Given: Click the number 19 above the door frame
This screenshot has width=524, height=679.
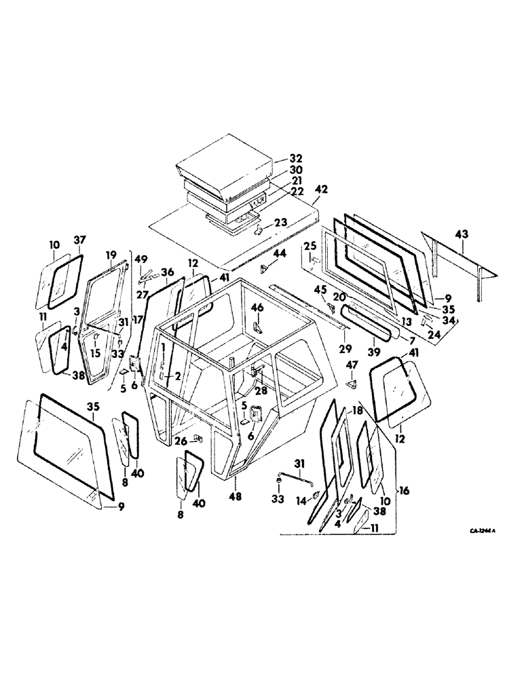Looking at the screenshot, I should pyautogui.click(x=111, y=255).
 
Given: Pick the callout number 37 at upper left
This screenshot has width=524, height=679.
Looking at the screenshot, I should pyautogui.click(x=79, y=240).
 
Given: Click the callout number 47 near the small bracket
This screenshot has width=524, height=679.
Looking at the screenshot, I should pyautogui.click(x=352, y=367).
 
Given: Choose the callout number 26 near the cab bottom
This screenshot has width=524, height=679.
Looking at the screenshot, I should pyautogui.click(x=179, y=441).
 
